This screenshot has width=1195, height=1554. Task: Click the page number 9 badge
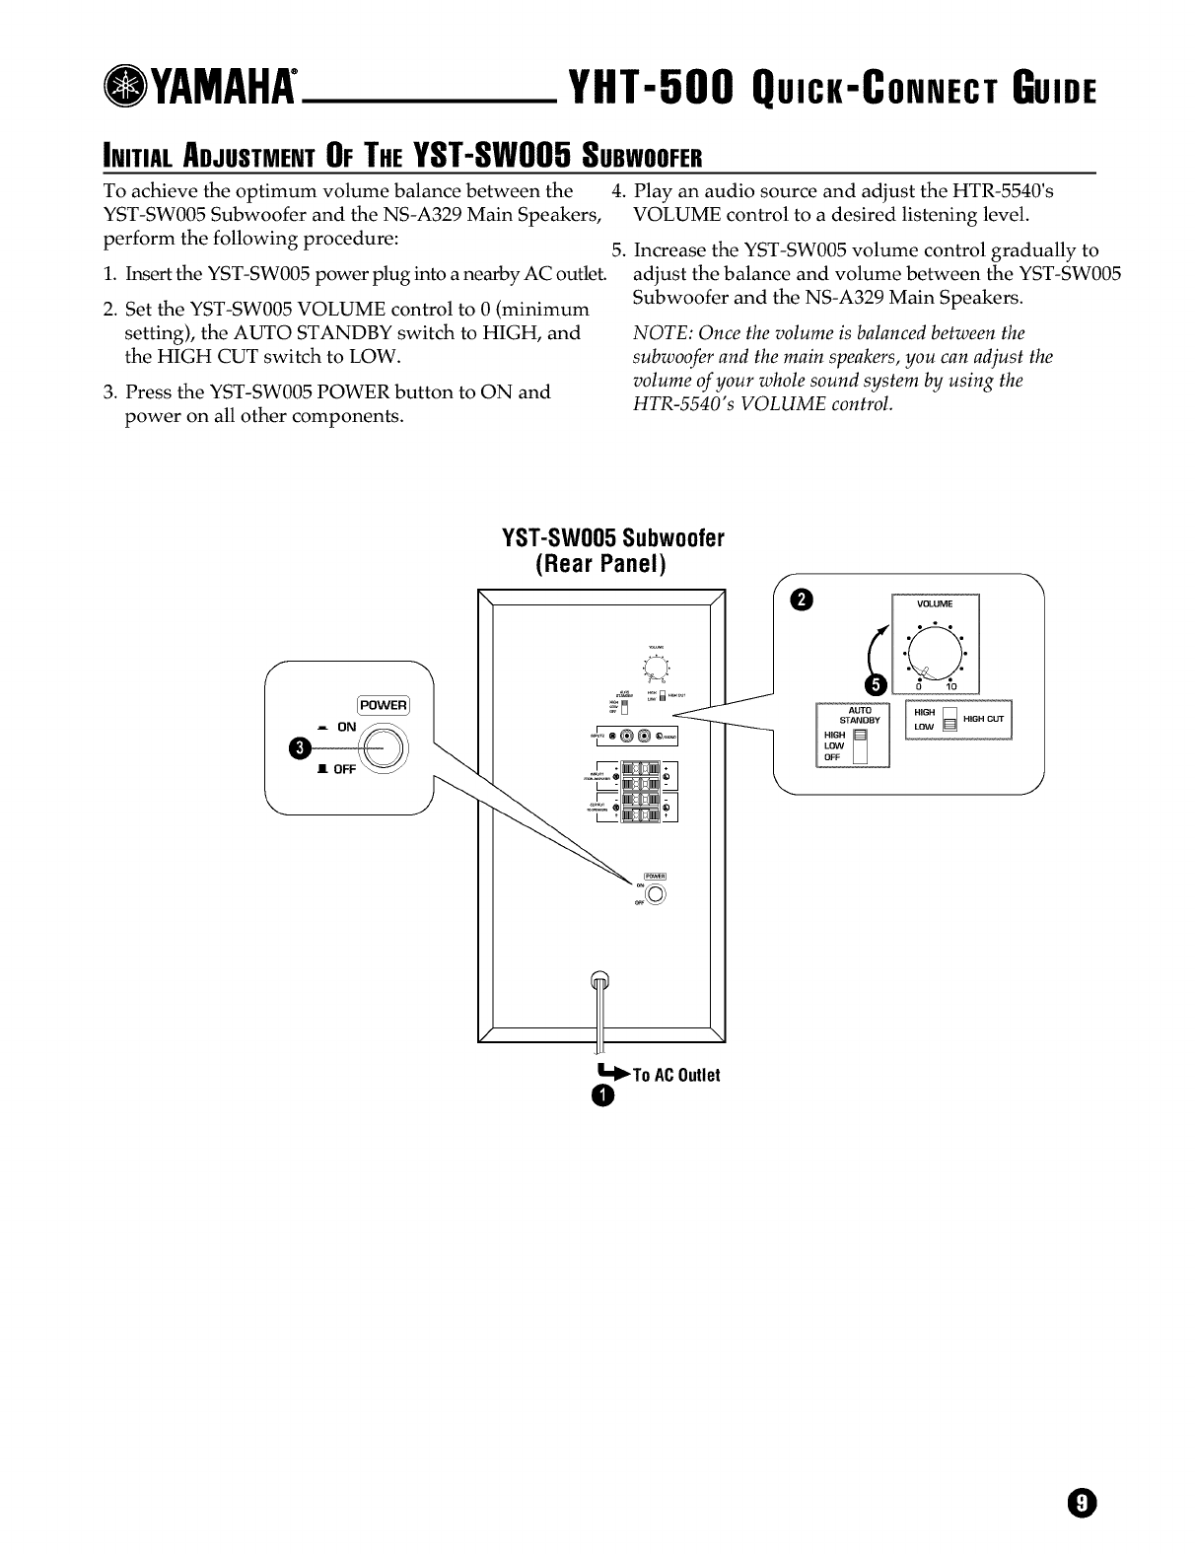click(1082, 1503)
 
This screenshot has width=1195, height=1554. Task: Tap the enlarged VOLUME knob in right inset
click(931, 653)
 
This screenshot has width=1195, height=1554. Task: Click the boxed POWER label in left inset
click(383, 705)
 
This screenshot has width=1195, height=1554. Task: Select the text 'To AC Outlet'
click(675, 1075)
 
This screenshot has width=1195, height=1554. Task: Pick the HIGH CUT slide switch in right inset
click(949, 719)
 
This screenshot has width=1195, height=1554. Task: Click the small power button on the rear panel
click(656, 893)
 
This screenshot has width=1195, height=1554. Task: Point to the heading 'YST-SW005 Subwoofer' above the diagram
click(613, 538)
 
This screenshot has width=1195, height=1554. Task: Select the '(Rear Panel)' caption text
click(601, 564)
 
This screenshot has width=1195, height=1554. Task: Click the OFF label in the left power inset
click(343, 769)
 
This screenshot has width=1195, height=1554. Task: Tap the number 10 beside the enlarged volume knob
click(950, 686)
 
